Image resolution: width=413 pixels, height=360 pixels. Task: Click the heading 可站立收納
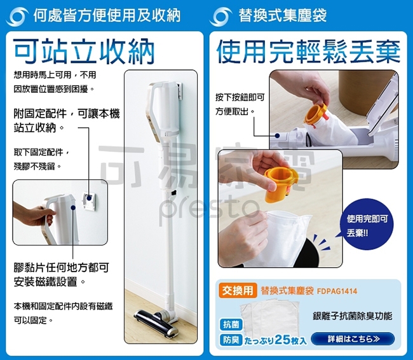pyautogui.click(x=84, y=52)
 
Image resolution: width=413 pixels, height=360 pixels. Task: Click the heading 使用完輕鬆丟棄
pyautogui.click(x=308, y=52)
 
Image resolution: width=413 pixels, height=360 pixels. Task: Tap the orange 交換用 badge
pyautogui.click(x=238, y=291)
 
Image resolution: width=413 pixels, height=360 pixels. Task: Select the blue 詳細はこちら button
pyautogui.click(x=353, y=339)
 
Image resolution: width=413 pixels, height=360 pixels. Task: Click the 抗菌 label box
pyautogui.click(x=231, y=324)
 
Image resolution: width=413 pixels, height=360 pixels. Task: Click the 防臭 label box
pyautogui.click(x=231, y=340)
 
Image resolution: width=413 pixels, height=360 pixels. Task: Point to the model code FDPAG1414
pyautogui.click(x=337, y=291)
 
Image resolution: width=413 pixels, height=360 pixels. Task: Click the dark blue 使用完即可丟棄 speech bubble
pyautogui.click(x=366, y=226)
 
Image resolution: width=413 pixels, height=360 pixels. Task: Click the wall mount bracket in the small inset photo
pyautogui.click(x=89, y=202)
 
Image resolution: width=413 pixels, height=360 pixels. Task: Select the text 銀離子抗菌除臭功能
pyautogui.click(x=353, y=315)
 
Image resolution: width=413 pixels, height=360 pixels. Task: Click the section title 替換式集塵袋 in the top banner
pyautogui.click(x=282, y=15)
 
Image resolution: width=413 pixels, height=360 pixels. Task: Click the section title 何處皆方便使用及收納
pyautogui.click(x=107, y=15)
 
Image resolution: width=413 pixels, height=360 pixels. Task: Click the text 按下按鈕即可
pyautogui.click(x=240, y=97)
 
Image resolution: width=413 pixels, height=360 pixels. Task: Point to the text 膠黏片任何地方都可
pyautogui.click(x=61, y=268)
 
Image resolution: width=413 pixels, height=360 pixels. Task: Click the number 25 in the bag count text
pyautogui.click(x=282, y=340)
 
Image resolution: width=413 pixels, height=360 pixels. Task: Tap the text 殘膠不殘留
pyautogui.click(x=37, y=167)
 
